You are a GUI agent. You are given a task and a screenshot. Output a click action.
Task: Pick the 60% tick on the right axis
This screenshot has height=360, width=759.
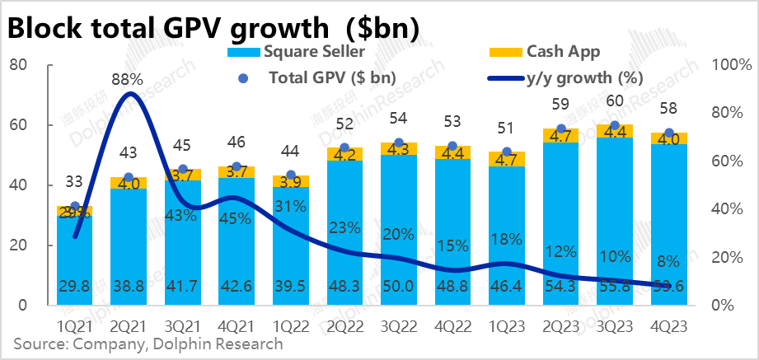click(x=730, y=161)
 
